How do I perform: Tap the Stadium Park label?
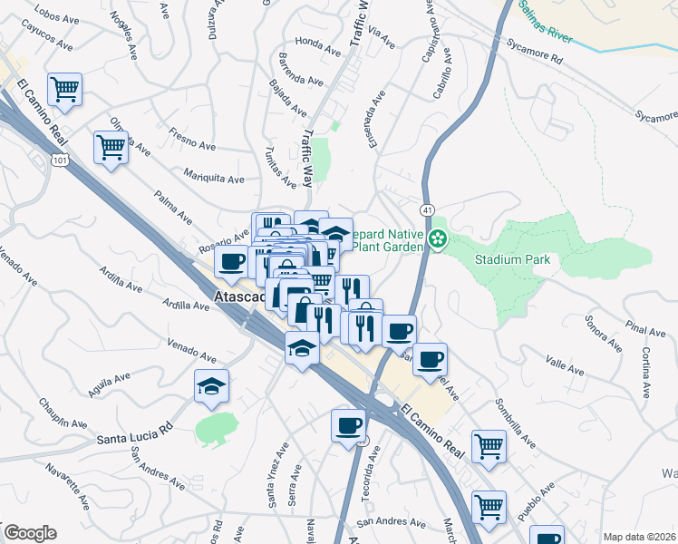point(512,259)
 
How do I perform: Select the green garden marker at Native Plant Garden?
point(438,239)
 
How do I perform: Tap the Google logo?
point(30,532)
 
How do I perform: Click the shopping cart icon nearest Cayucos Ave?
point(64,89)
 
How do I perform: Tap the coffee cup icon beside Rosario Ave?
point(231,262)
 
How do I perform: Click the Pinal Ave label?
point(644,330)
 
